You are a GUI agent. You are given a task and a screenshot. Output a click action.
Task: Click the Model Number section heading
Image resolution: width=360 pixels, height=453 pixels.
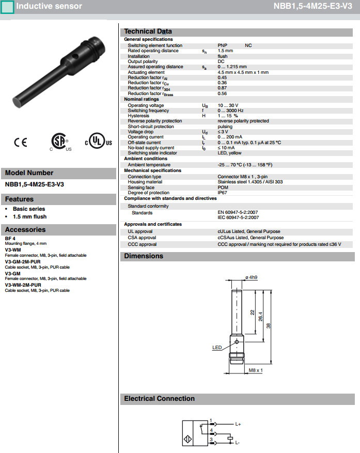29,173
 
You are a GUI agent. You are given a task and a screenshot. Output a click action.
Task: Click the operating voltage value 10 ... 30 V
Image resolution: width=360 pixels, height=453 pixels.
228,105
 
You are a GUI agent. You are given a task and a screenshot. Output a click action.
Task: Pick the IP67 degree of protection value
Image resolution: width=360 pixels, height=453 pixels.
223,193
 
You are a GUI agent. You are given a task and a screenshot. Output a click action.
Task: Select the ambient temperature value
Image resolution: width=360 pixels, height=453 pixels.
245,165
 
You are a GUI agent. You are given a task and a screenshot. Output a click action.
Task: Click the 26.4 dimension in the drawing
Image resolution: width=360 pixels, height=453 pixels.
260,315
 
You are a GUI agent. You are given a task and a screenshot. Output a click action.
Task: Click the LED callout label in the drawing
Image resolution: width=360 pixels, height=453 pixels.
217,348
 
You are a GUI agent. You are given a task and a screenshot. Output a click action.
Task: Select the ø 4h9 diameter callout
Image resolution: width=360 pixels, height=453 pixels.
252,277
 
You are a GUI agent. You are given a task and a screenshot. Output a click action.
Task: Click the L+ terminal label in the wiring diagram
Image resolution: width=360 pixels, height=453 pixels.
238,424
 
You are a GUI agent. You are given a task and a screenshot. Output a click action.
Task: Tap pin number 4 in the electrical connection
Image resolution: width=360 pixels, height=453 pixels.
211,430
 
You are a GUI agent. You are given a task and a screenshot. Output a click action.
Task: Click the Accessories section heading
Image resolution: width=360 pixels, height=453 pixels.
25,230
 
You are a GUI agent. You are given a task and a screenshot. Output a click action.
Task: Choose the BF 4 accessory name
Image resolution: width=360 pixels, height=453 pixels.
10,238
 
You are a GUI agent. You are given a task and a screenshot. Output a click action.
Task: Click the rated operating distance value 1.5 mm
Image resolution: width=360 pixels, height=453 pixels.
225,51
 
